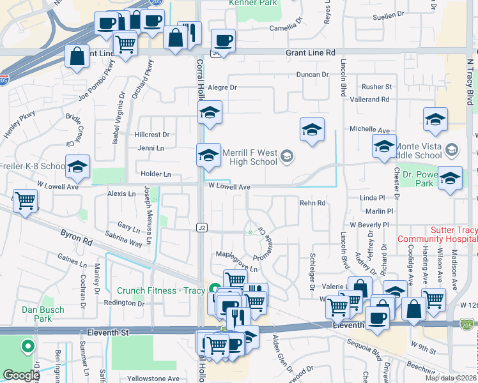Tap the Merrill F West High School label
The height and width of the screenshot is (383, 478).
[x=249, y=157]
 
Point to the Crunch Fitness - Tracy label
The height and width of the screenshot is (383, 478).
[x=160, y=291]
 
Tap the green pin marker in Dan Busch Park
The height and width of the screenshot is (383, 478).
[x=27, y=347]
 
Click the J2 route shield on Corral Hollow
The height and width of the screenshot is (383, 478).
[x=202, y=227]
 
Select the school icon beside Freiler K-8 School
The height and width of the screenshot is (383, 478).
[x=77, y=167]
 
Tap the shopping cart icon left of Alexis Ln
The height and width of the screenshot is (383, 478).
[x=26, y=201]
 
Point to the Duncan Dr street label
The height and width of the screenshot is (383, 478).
[x=312, y=75]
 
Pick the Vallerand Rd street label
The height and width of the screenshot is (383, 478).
[x=369, y=100]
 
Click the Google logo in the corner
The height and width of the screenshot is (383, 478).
[x=21, y=375]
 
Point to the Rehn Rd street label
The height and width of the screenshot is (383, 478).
[x=312, y=203]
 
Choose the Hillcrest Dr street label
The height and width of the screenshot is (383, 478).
[x=152, y=135]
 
